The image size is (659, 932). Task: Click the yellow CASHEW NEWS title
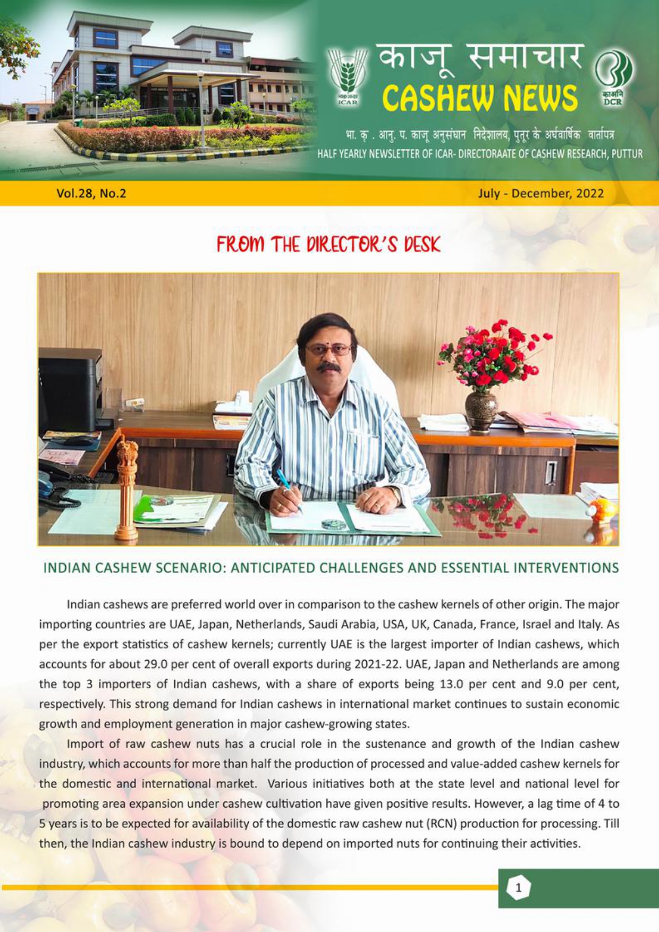click(479, 98)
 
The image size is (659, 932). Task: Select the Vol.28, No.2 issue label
click(91, 193)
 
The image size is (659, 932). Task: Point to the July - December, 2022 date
click(540, 193)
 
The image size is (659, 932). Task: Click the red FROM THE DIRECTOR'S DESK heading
click(328, 245)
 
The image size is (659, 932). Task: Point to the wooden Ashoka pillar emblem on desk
click(126, 486)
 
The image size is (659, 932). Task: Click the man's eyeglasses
click(328, 350)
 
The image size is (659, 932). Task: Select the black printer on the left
click(69, 390)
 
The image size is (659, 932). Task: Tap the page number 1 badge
click(519, 888)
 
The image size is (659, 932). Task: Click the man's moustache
click(329, 366)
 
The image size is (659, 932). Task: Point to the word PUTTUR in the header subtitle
click(627, 155)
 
